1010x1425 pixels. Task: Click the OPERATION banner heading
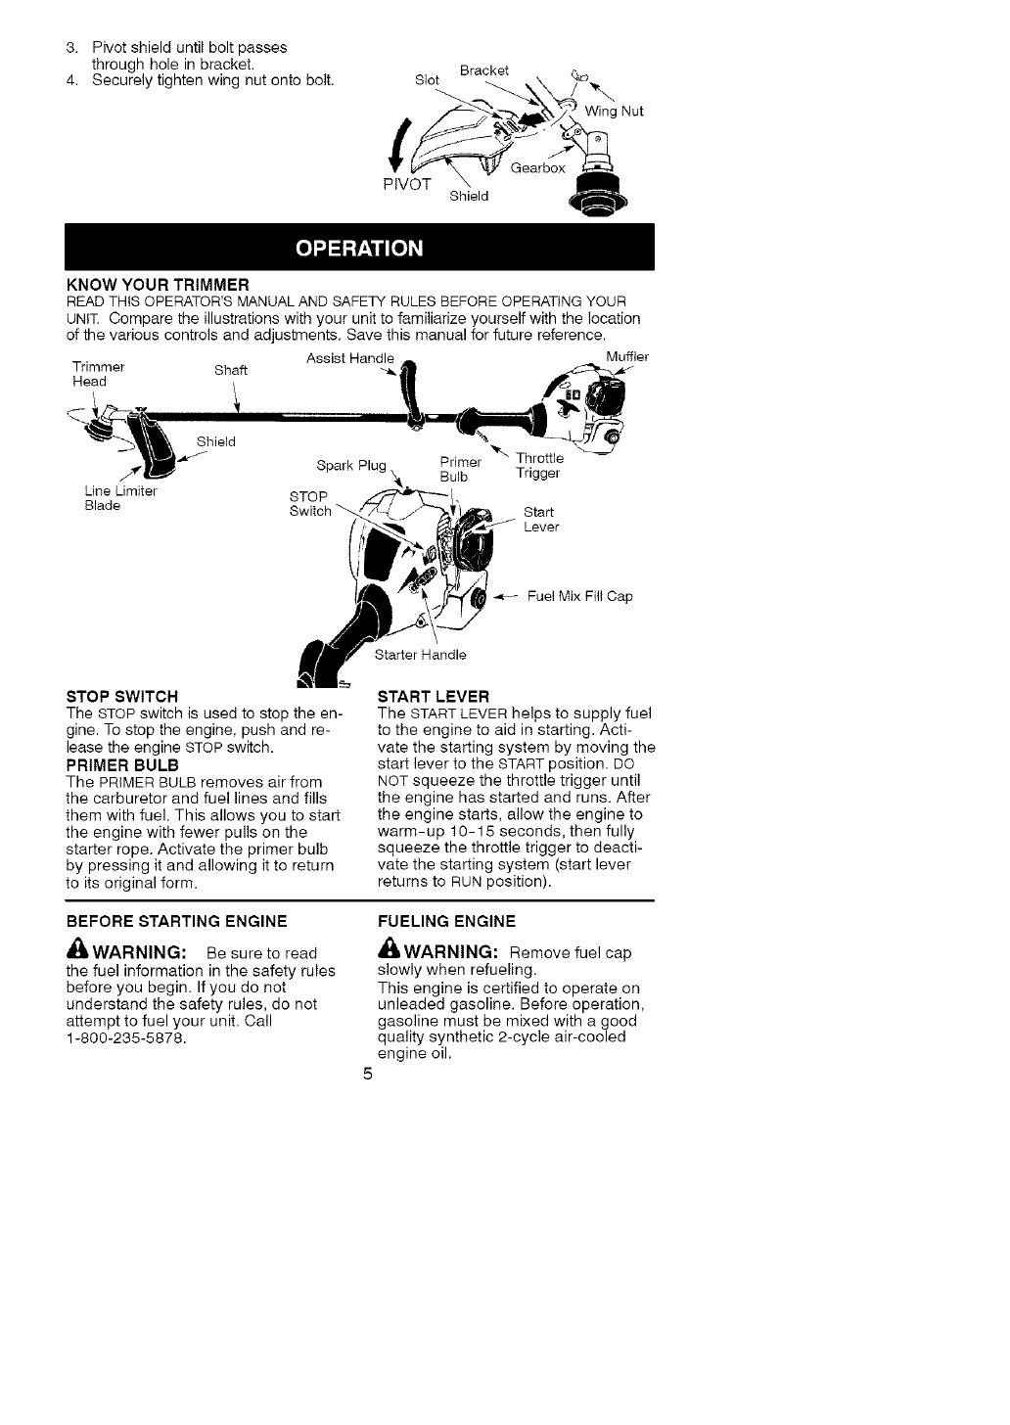[359, 247]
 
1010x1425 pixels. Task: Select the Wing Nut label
[614, 112]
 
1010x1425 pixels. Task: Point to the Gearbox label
[537, 168]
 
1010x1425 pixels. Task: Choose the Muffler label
[626, 357]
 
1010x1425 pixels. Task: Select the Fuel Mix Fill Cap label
[579, 595]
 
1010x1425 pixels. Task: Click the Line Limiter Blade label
[120, 498]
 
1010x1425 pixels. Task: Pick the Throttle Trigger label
[539, 466]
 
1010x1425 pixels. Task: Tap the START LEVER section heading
[433, 697]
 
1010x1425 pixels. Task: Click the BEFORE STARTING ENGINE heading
[176, 921]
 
